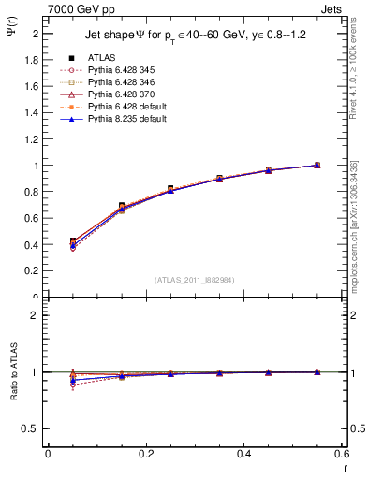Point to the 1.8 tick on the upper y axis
point(33,59)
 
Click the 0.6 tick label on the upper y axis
point(33,219)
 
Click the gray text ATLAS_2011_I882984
point(196,280)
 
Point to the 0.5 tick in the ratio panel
point(33,428)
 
